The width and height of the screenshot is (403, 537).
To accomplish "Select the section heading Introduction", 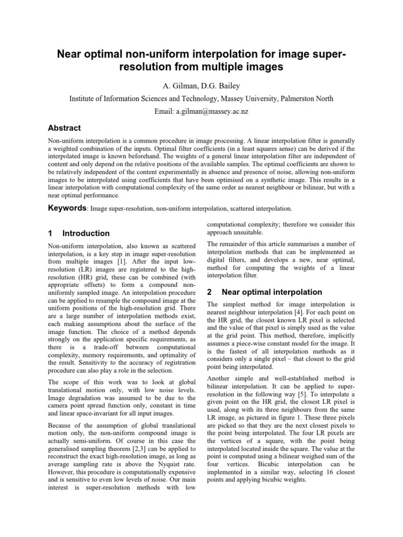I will pos(86,233).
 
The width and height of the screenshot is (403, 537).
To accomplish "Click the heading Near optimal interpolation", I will pos(272,292).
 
